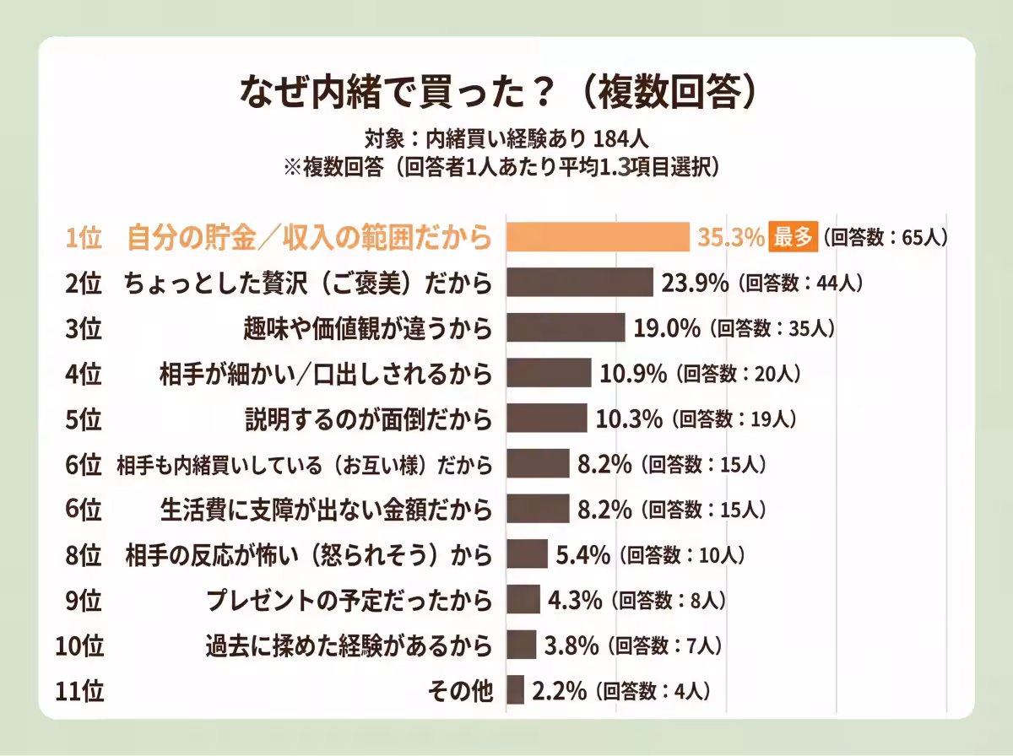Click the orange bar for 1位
598,237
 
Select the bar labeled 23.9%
579,283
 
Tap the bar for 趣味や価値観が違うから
565,327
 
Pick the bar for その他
515,690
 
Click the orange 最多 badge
793,237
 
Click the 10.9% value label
633,373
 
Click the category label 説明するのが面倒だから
368,418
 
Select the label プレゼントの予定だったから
349,600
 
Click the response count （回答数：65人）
886,237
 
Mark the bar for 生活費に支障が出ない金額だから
538,509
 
